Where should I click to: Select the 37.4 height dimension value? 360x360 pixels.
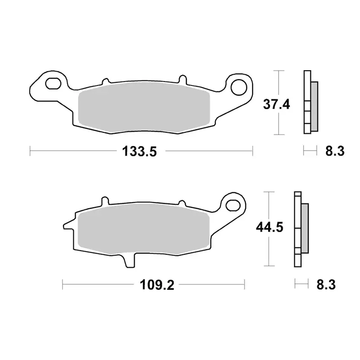pyautogui.click(x=276, y=105)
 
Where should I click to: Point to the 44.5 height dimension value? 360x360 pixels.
pyautogui.click(x=270, y=228)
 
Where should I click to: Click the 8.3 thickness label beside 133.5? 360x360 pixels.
pyautogui.click(x=334, y=152)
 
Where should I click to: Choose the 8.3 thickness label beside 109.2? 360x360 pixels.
pyautogui.click(x=326, y=284)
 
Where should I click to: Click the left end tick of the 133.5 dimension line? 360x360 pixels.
pyautogui.click(x=30, y=152)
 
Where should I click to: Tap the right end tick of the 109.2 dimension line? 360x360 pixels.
pyautogui.click(x=244, y=284)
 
